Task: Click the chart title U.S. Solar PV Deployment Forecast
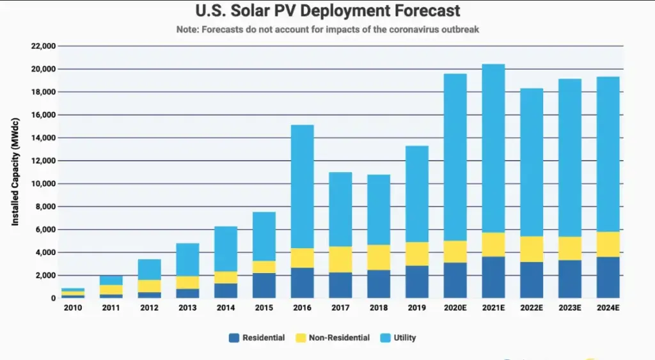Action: [327, 12]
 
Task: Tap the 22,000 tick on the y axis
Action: [43, 46]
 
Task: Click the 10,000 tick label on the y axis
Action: [43, 184]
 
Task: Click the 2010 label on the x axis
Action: [73, 308]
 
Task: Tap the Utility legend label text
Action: [404, 338]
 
